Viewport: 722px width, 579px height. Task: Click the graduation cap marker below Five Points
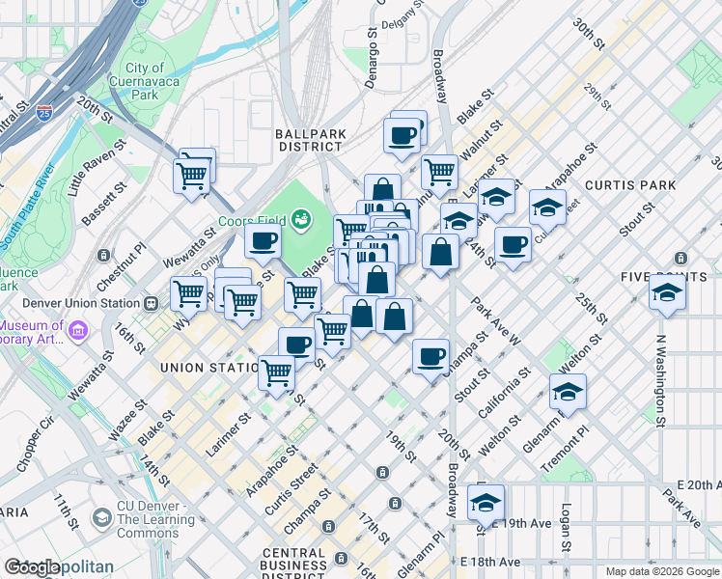pyautogui.click(x=667, y=293)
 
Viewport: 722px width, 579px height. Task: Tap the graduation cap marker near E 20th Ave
pyautogui.click(x=486, y=503)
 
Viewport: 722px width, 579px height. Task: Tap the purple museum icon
pyautogui.click(x=78, y=331)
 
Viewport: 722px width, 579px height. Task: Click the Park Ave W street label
pyautogui.click(x=496, y=322)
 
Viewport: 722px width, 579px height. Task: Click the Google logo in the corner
pyautogui.click(x=32, y=568)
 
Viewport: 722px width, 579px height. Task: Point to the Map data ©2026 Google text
pyautogui.click(x=662, y=571)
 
